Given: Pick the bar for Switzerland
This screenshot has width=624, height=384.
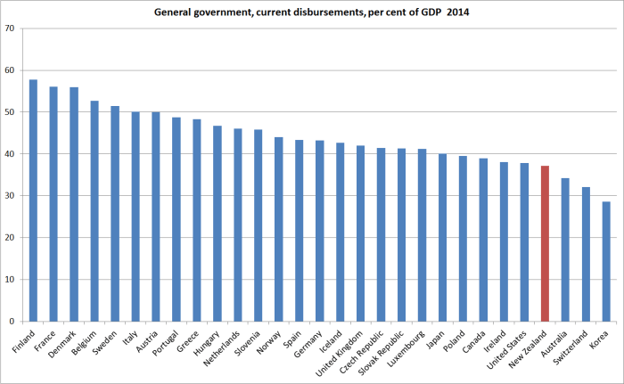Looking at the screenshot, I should (x=586, y=254).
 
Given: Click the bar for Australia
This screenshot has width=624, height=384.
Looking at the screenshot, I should (x=565, y=249).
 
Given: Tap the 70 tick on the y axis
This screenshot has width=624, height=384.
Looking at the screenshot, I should (x=10, y=29).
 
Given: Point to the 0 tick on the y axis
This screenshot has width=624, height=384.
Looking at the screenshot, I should (x=12, y=322).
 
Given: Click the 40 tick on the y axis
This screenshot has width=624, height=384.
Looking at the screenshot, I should (x=10, y=154).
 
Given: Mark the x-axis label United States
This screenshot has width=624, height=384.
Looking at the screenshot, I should (x=513, y=347).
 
